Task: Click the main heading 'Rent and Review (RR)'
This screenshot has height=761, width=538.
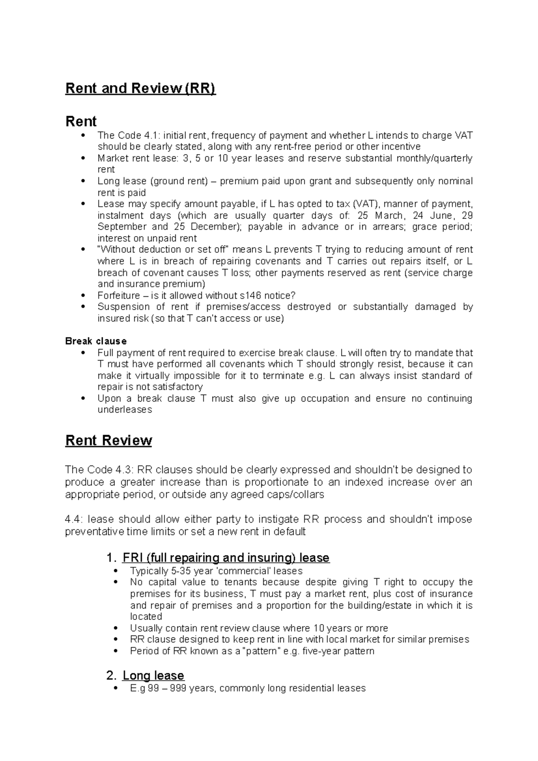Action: click(140, 88)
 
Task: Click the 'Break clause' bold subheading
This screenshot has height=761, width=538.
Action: click(96, 341)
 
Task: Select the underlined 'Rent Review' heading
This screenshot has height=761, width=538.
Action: click(108, 441)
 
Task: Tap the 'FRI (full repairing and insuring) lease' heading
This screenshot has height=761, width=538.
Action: click(226, 558)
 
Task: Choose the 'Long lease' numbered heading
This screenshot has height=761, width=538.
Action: click(153, 675)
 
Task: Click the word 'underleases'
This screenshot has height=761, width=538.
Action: click(125, 410)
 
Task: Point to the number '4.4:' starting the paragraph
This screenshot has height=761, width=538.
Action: click(74, 519)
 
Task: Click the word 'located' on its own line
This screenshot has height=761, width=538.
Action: click(146, 617)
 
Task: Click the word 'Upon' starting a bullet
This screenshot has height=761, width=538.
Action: click(109, 398)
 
